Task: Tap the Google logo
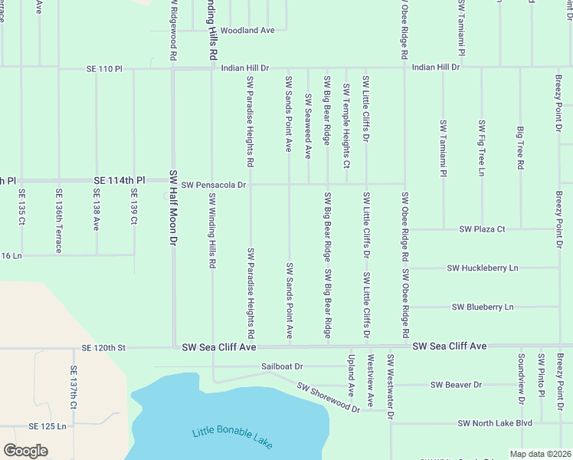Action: point(25,451)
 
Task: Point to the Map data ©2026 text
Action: point(540,454)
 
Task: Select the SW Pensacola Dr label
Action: point(214,185)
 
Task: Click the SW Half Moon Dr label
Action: point(173,207)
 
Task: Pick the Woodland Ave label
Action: point(247,31)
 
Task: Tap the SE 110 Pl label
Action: point(105,69)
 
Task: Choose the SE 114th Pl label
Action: point(119,180)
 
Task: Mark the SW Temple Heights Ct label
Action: point(346,127)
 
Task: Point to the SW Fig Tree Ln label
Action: point(482,148)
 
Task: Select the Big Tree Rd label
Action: point(520,148)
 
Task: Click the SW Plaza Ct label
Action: point(482,229)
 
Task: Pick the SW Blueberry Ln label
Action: point(483,307)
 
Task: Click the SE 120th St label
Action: point(103,348)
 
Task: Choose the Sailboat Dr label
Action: point(282,367)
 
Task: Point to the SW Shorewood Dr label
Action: point(329,399)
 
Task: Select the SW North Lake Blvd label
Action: point(494,423)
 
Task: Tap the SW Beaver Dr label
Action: point(456,385)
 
